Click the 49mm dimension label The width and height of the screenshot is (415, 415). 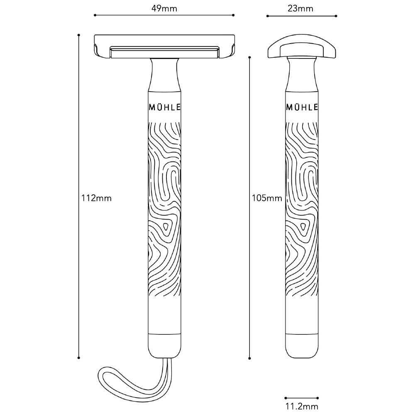click(x=164, y=8)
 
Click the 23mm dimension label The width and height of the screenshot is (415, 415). click(x=300, y=8)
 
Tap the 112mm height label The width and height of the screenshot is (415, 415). click(x=96, y=198)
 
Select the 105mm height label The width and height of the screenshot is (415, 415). click(x=267, y=198)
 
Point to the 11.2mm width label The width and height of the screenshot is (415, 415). click(x=302, y=406)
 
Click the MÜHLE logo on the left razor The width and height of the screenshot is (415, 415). click(x=165, y=107)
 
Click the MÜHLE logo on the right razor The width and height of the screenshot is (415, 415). click(x=302, y=107)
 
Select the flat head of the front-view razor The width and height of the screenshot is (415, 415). click(x=164, y=46)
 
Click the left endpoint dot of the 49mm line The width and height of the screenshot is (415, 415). click(x=95, y=15)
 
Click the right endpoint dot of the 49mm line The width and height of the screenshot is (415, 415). click(x=233, y=15)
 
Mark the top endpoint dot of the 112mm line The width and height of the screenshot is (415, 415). click(x=78, y=35)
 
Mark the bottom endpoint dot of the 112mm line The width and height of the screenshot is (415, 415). click(x=78, y=358)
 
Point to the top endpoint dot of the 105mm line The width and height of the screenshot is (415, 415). click(x=249, y=57)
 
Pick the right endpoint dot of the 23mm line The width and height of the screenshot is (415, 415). click(x=336, y=16)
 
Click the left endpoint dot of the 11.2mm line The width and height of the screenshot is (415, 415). click(x=286, y=398)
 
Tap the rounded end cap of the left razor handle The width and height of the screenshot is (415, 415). click(x=164, y=346)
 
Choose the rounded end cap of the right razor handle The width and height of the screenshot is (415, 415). click(x=302, y=346)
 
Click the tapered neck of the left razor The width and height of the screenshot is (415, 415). click(x=164, y=75)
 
